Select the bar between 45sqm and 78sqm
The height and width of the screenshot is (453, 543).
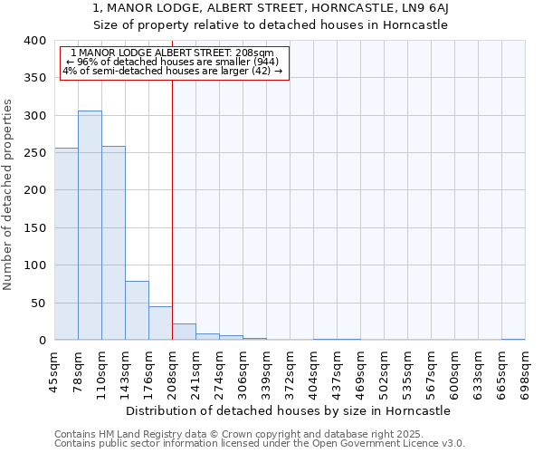coord(66,244)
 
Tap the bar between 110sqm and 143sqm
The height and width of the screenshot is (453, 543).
coord(113,243)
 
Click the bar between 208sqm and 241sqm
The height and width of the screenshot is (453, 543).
coord(184,332)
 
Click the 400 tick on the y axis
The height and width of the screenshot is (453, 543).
coord(34,42)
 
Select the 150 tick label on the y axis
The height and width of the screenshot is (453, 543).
coord(34,228)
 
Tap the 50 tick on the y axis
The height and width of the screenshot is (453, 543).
coord(37,304)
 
